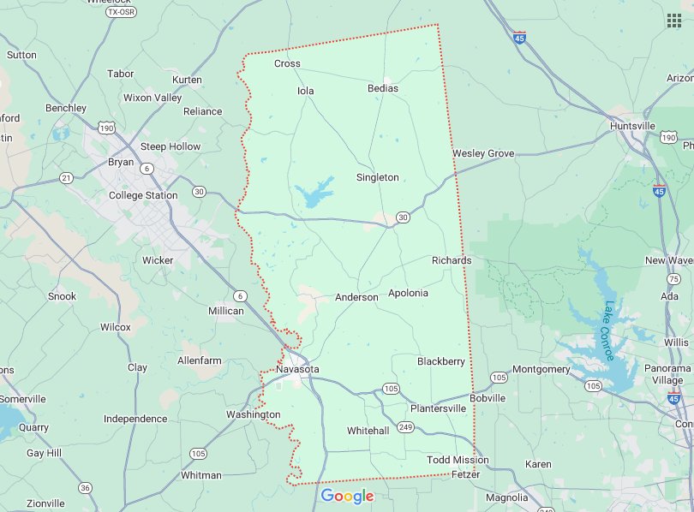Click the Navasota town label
pyautogui.click(x=297, y=369)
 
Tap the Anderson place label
pyautogui.click(x=356, y=297)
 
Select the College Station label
pyautogui.click(x=143, y=195)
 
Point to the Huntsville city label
pyautogui.click(x=632, y=126)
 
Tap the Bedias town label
pyautogui.click(x=383, y=88)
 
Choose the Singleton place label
pyautogui.click(x=378, y=177)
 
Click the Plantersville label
pyautogui.click(x=438, y=408)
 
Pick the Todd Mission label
pyautogui.click(x=458, y=460)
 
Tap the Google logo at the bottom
pyautogui.click(x=347, y=496)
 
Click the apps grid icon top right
pyautogui.click(x=674, y=21)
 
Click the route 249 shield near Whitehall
pyautogui.click(x=405, y=426)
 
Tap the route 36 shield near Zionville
pyautogui.click(x=85, y=487)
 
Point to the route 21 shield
pyautogui.click(x=66, y=177)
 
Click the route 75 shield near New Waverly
pyautogui.click(x=674, y=279)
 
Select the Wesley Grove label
pyautogui.click(x=483, y=153)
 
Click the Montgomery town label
pyautogui.click(x=541, y=369)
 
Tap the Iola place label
pyautogui.click(x=306, y=91)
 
